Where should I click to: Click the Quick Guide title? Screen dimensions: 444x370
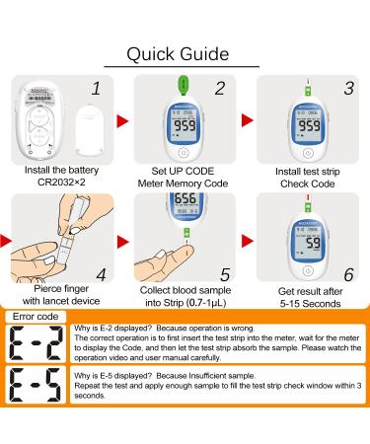(185, 52)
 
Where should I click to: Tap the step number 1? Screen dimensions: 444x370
(96, 89)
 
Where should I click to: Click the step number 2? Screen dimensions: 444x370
(221, 89)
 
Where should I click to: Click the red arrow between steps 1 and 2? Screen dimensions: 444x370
(125, 120)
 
